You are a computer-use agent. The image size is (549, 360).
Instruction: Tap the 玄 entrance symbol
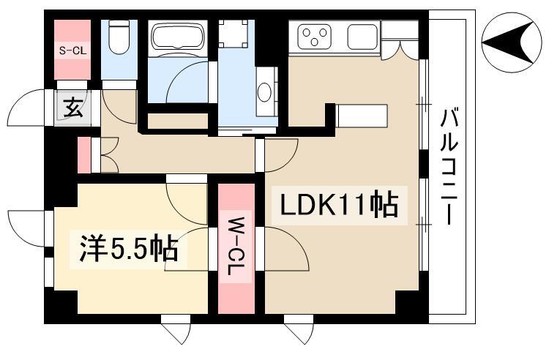point(72,110)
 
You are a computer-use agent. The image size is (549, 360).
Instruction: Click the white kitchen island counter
point(362,115)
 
